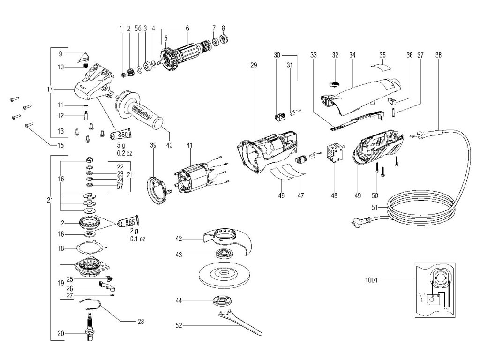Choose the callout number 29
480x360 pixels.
coord(254,65)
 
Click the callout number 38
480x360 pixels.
coord(438,54)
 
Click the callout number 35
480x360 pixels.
coord(382,55)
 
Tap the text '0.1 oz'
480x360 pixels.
coord(138,239)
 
